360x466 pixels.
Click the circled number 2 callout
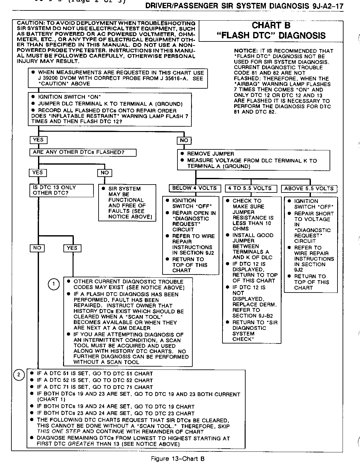point(19,375)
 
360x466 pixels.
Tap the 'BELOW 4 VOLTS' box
point(194,188)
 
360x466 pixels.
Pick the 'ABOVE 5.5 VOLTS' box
point(309,189)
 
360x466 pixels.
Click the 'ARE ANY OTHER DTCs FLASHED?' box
point(83,153)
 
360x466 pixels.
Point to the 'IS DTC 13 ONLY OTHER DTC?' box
point(61,190)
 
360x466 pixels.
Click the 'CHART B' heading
point(271,25)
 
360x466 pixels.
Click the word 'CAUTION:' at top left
point(30,23)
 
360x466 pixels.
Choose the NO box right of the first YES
point(184,140)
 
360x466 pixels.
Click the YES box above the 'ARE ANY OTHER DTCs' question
point(38,140)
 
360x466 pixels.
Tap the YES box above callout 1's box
point(72,248)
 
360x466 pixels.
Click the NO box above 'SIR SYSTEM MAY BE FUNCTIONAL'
point(105,173)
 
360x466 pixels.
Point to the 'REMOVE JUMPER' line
point(210,154)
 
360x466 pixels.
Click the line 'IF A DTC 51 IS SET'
point(95,374)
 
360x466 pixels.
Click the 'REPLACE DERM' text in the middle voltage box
point(254,305)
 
